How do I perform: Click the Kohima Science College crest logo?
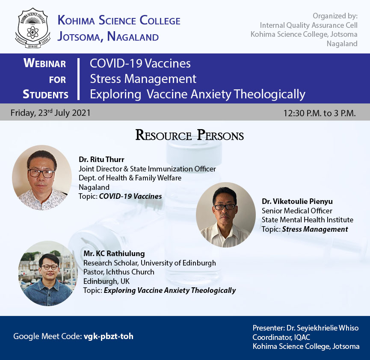click(x=33, y=28)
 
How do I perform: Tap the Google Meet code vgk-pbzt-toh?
click(x=109, y=336)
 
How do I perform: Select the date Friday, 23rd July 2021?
click(x=50, y=112)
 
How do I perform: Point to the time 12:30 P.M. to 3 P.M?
click(x=320, y=113)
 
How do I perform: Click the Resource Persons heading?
click(x=189, y=135)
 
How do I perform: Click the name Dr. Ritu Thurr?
click(x=101, y=159)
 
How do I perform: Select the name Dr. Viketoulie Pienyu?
click(x=297, y=201)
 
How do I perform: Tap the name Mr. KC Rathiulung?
click(x=114, y=254)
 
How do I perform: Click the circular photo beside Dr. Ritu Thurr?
click(x=42, y=177)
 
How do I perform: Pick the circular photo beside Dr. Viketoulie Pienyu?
click(x=226, y=215)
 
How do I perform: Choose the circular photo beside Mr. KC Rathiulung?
click(x=48, y=274)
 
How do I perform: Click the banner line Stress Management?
click(x=143, y=79)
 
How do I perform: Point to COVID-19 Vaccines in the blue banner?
click(x=140, y=63)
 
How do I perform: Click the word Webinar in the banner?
click(x=44, y=63)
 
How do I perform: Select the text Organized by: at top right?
click(x=335, y=16)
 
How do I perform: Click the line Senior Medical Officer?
click(x=297, y=211)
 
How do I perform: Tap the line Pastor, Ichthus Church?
click(x=118, y=272)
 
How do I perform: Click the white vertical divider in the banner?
click(x=79, y=79)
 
